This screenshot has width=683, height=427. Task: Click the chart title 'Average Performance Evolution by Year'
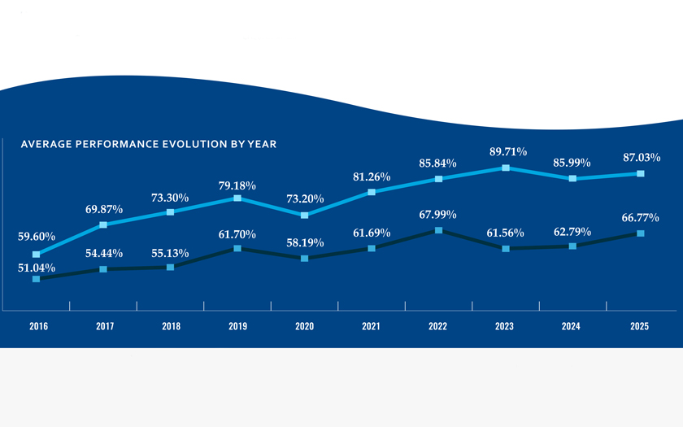coord(148,144)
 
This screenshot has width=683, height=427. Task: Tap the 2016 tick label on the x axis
coord(37,326)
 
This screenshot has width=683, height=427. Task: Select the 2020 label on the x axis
coord(304,326)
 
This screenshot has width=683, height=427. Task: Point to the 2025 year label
coord(639,326)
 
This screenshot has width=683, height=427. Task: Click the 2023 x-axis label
coord(505,326)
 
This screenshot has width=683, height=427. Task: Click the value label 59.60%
coord(37,237)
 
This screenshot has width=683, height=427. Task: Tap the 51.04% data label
coord(37,267)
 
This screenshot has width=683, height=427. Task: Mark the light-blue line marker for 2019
coord(237,198)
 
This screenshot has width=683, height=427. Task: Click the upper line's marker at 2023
coord(505,168)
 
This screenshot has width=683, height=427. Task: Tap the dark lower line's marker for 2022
coord(439,230)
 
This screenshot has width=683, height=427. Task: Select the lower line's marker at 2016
coord(37,279)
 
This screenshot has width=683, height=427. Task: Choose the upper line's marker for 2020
coord(304,216)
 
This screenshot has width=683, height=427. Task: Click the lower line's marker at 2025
coord(640,233)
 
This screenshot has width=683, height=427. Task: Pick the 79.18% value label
coord(237,184)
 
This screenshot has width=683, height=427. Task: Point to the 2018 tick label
coord(171,326)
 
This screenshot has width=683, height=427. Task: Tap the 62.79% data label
coord(572,231)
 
